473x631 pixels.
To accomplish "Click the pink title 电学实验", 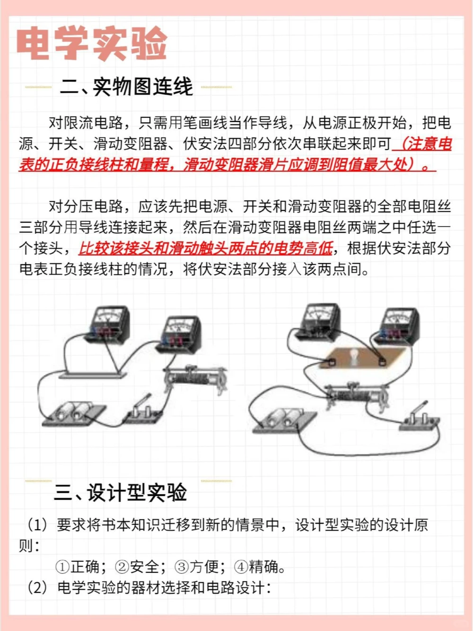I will (92, 44).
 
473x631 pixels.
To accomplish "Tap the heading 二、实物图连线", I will (127, 87).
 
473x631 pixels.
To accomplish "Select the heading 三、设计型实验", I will (121, 492).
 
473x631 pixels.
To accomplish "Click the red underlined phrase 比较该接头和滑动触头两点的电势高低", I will (206, 248).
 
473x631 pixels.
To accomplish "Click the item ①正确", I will (78, 567).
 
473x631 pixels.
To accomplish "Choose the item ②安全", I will (138, 567).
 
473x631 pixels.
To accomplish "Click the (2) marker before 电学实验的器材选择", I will (37, 588).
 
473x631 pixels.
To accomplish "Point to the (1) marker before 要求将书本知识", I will (37, 525).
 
